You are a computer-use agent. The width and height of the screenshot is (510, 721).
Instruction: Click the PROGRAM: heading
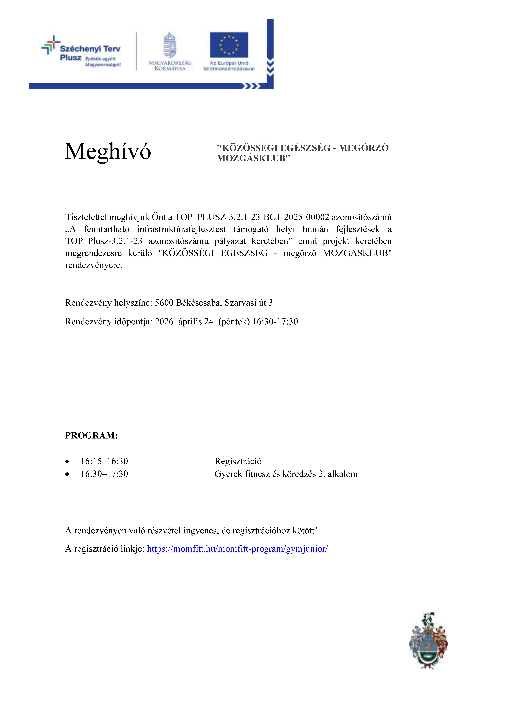pyautogui.click(x=91, y=436)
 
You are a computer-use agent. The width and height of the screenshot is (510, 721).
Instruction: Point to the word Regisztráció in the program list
pyautogui.click(x=238, y=461)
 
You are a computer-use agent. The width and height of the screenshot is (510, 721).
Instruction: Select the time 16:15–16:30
pyautogui.click(x=104, y=461)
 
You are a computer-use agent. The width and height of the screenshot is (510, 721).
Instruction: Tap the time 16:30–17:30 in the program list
pyautogui.click(x=104, y=474)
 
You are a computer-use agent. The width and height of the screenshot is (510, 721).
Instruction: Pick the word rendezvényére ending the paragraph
pyautogui.click(x=94, y=265)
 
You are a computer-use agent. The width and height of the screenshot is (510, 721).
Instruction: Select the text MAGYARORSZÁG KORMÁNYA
pyautogui.click(x=170, y=66)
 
